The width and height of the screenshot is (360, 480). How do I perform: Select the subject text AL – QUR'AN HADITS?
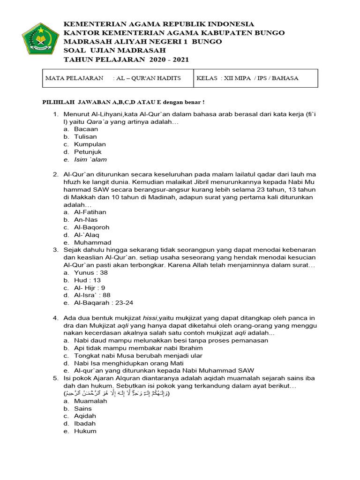click(x=147, y=78)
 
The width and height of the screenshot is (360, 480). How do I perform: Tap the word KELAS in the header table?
click(x=207, y=78)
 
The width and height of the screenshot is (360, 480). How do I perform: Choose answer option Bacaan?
click(x=86, y=129)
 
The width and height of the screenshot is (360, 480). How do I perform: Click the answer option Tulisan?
click(x=85, y=136)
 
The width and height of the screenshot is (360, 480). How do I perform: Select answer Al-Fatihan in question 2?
click(x=90, y=212)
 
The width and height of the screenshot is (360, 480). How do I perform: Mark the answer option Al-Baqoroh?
click(x=91, y=227)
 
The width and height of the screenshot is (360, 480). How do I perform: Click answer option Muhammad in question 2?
click(x=92, y=242)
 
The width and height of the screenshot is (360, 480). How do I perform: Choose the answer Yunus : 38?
click(x=90, y=273)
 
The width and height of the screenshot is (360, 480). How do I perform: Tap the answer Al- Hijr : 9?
click(x=90, y=288)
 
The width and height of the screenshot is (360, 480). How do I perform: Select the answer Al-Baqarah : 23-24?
click(x=104, y=303)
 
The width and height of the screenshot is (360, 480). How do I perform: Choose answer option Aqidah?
click(x=84, y=416)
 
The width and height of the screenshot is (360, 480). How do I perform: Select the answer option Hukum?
click(x=85, y=431)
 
